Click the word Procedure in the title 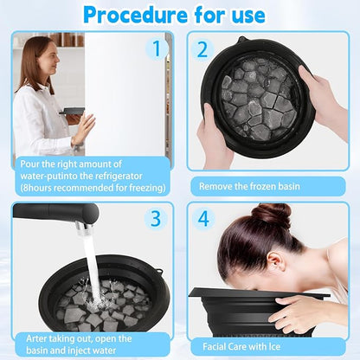(x=135, y=14)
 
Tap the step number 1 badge (x=157, y=48)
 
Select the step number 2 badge (x=202, y=49)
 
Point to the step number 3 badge (x=156, y=218)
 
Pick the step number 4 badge (x=203, y=218)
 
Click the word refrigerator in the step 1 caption (x=119, y=176)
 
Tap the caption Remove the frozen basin (x=249, y=186)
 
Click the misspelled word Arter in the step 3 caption (x=36, y=338)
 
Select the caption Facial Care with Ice (x=241, y=346)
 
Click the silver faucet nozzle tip (x=85, y=228)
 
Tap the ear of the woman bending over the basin (x=274, y=261)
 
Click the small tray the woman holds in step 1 (x=72, y=111)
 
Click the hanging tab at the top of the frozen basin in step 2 (x=241, y=40)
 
